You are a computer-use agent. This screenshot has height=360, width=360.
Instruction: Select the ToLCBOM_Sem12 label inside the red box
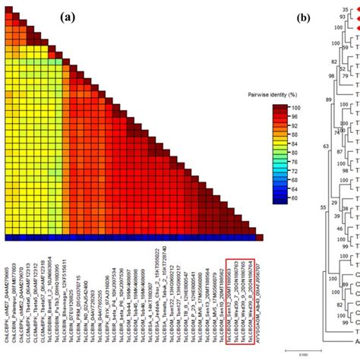232,300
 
